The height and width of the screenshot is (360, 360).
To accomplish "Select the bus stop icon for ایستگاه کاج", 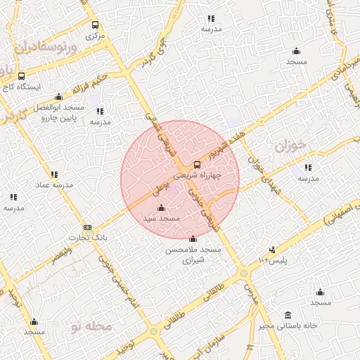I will click(21, 75).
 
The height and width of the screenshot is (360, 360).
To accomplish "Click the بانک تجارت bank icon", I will click(87, 228).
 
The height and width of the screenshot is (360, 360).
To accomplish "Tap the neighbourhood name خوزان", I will click(292, 148).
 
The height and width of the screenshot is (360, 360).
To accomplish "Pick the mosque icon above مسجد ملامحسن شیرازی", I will click(193, 238).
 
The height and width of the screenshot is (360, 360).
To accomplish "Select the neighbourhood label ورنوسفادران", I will click(49, 49).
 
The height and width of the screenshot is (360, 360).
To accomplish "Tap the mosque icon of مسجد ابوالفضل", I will click(58, 97).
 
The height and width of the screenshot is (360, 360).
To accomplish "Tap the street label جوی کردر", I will click(154, 55).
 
